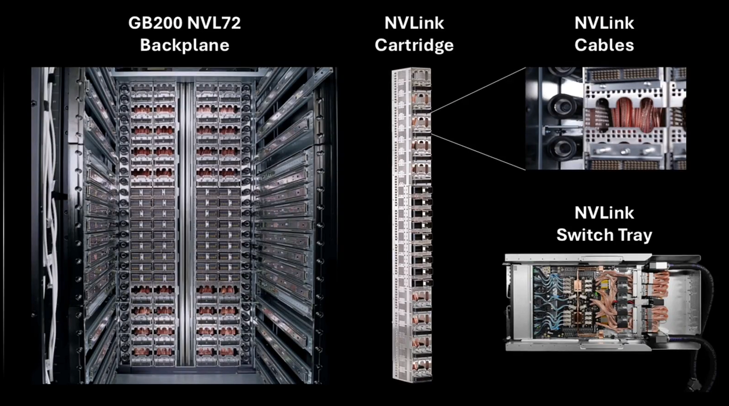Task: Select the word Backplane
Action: click(184, 45)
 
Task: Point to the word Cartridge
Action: click(414, 45)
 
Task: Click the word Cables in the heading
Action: click(604, 45)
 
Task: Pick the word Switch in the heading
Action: click(584, 235)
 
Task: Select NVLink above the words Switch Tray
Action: click(604, 213)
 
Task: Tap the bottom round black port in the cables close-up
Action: click(562, 147)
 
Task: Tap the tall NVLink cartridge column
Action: click(412, 224)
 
